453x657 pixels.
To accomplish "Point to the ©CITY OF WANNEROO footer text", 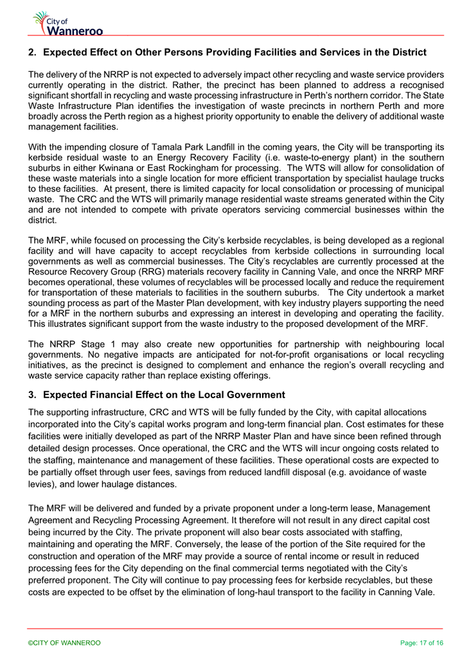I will pos(64,643).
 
